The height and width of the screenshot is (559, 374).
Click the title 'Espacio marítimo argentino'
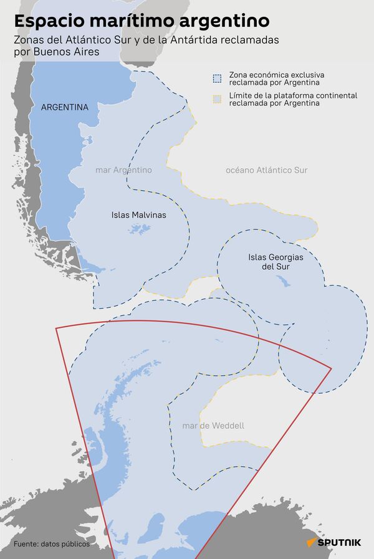[x=141, y=21]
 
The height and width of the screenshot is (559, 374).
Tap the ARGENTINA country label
[x=64, y=107]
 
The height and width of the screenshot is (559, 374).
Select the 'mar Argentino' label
[x=123, y=170]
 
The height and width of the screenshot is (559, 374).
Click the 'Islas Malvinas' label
[x=139, y=215]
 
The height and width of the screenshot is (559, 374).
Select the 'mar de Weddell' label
[x=213, y=426]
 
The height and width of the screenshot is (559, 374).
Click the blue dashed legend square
[x=216, y=79]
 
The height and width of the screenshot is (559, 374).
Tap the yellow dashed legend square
[x=216, y=98]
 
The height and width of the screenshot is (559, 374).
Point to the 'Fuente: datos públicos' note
[x=51, y=544]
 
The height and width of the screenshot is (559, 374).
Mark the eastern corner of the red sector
[x=332, y=368]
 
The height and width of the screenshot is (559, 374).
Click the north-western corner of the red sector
[x=56, y=327]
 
